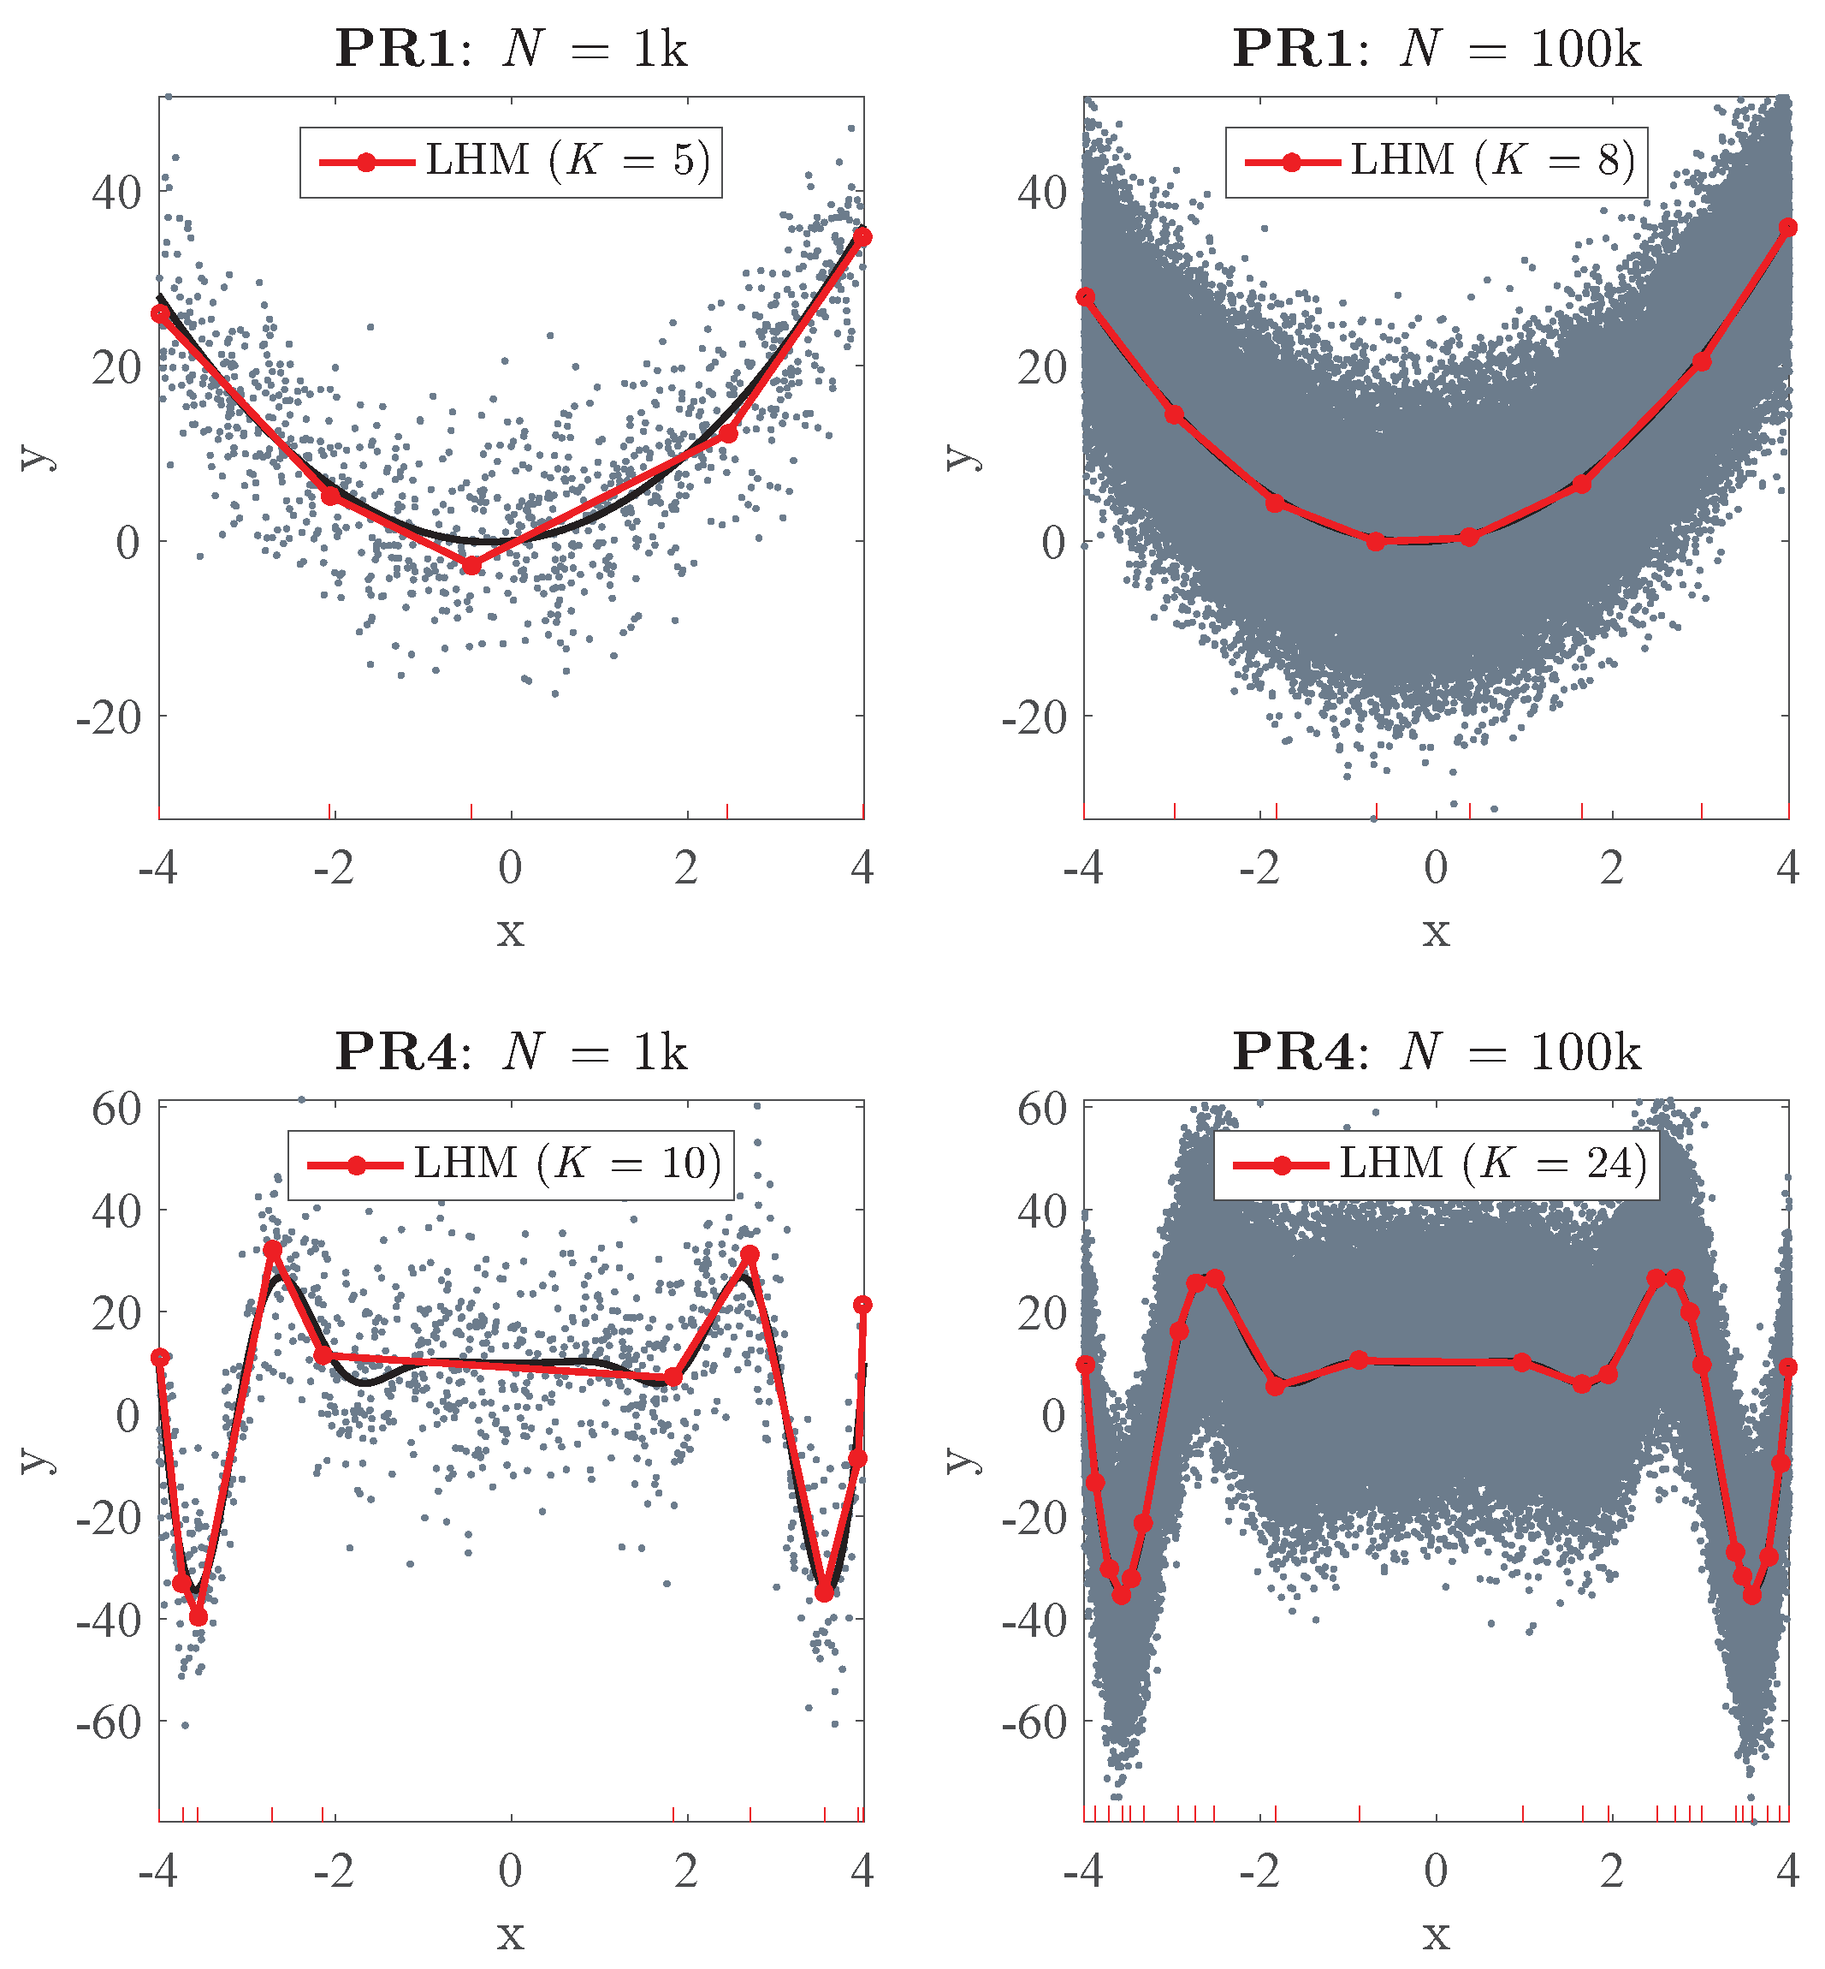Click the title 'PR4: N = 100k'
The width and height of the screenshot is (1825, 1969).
click(x=1436, y=1052)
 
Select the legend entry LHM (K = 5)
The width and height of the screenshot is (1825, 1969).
click(x=511, y=161)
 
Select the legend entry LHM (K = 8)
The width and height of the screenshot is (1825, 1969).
click(x=1436, y=161)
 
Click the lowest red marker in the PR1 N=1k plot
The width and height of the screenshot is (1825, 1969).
click(x=472, y=564)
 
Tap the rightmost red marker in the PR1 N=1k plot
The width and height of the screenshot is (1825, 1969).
click(x=862, y=237)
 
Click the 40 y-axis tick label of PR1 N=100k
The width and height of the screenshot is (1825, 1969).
click(x=1043, y=192)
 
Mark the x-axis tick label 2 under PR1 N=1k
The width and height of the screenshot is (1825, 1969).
click(x=686, y=868)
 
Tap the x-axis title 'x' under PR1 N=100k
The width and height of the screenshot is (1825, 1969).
click(x=1436, y=931)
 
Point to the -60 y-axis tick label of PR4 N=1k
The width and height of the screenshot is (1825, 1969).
click(x=109, y=1723)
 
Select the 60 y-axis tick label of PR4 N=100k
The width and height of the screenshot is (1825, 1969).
click(x=1043, y=1109)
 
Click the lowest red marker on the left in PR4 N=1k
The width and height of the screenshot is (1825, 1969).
click(x=198, y=1616)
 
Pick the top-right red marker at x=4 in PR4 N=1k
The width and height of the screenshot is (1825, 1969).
click(x=862, y=1305)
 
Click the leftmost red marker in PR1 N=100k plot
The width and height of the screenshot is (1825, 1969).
click(x=1085, y=296)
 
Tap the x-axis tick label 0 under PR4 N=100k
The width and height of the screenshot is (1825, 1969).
click(x=1436, y=1871)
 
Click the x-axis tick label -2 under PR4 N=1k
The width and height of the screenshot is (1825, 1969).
click(x=333, y=1871)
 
